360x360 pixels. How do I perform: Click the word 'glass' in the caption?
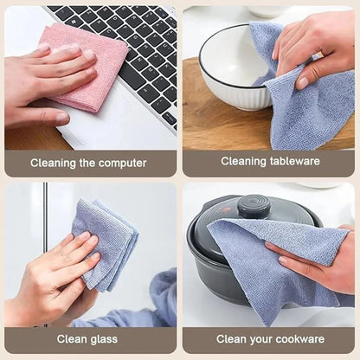click(x=104, y=339)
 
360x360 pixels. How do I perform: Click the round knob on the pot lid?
click(x=254, y=206)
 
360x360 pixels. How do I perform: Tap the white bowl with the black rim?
click(x=234, y=67)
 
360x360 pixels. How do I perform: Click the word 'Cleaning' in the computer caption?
click(x=53, y=163)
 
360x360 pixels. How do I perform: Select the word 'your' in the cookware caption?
click(x=253, y=340)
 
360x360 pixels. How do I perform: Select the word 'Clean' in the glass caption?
click(x=72, y=339)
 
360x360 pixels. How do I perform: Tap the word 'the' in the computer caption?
click(x=86, y=163)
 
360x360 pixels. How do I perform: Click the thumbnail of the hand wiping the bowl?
click(x=303, y=83)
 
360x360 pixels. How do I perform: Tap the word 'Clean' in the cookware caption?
click(x=228, y=339)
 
